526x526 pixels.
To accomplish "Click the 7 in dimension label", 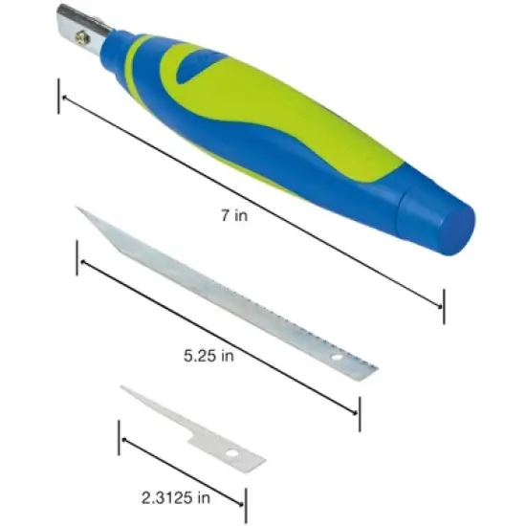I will (233, 216).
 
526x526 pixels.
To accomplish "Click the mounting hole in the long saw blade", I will (336, 359).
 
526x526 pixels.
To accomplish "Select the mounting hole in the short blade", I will (232, 452).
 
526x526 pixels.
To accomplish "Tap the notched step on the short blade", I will (191, 443).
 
